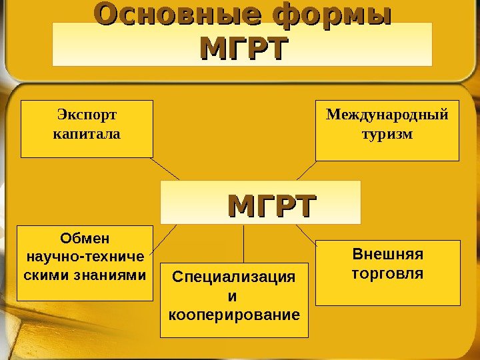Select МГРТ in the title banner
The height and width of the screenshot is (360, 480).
pyautogui.click(x=244, y=49)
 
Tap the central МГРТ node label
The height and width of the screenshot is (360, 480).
pyautogui.click(x=271, y=205)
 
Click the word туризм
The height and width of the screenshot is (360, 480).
pyautogui.click(x=387, y=134)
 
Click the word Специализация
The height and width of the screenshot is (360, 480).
pyautogui.click(x=233, y=277)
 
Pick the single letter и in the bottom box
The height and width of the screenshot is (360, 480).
pyautogui.click(x=233, y=295)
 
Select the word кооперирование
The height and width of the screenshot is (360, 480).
pyautogui.click(x=233, y=313)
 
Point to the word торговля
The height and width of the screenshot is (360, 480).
pyautogui.click(x=387, y=273)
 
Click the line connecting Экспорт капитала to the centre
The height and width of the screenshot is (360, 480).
pyautogui.click(x=165, y=168)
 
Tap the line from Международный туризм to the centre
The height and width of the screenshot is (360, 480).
pyautogui.click(x=306, y=171)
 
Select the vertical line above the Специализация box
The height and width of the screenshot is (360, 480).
pyautogui.click(x=243, y=243)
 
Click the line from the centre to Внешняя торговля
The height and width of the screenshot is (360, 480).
pyautogui.click(x=305, y=233)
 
